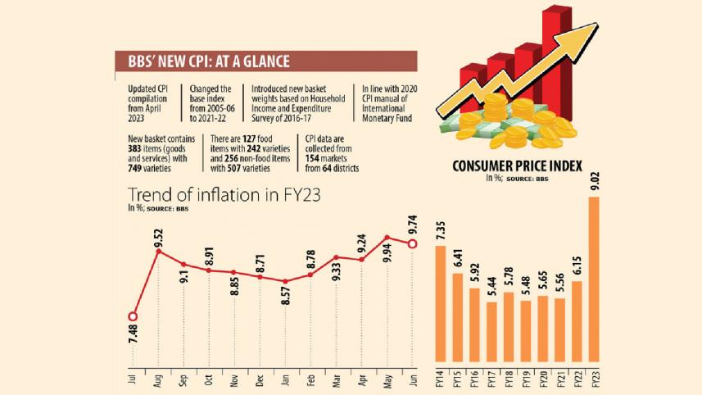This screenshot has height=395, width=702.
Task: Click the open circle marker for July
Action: (x=133, y=316)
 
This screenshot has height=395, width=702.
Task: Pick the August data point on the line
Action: (x=157, y=252)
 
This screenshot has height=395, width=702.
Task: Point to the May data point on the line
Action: (x=387, y=238)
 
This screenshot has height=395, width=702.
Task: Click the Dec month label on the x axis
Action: (x=260, y=380)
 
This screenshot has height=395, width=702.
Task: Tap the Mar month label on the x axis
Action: (x=336, y=380)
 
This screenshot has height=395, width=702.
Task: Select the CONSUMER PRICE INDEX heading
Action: (x=517, y=167)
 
